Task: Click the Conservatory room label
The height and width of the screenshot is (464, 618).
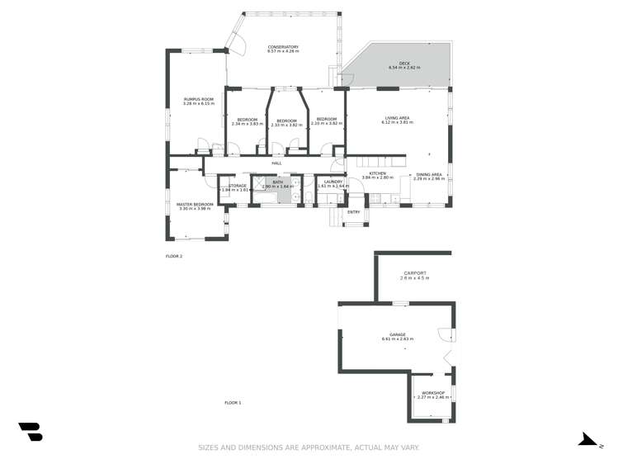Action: point(283,47)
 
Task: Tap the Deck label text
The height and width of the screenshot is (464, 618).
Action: point(403,63)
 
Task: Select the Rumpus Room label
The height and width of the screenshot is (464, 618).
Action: point(198,99)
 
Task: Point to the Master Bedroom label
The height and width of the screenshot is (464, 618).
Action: point(195,204)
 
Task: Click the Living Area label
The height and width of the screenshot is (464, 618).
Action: point(397,118)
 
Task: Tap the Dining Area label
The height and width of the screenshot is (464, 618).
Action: point(429,174)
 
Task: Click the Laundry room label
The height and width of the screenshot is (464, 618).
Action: point(333,182)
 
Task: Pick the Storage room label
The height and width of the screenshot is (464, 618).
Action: point(238,186)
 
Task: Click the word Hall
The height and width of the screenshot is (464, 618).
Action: point(276,163)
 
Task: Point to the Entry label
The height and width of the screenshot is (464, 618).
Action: point(354,212)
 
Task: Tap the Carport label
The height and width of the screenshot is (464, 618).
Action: point(414,273)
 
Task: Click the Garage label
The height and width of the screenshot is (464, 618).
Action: point(398,335)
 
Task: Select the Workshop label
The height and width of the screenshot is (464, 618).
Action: point(432,392)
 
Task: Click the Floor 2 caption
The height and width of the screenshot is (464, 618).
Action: point(174,257)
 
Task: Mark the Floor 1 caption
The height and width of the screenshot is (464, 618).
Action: point(233,403)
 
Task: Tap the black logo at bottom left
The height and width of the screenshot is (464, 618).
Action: point(31,431)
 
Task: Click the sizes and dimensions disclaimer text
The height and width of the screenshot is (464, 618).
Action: point(309,447)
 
